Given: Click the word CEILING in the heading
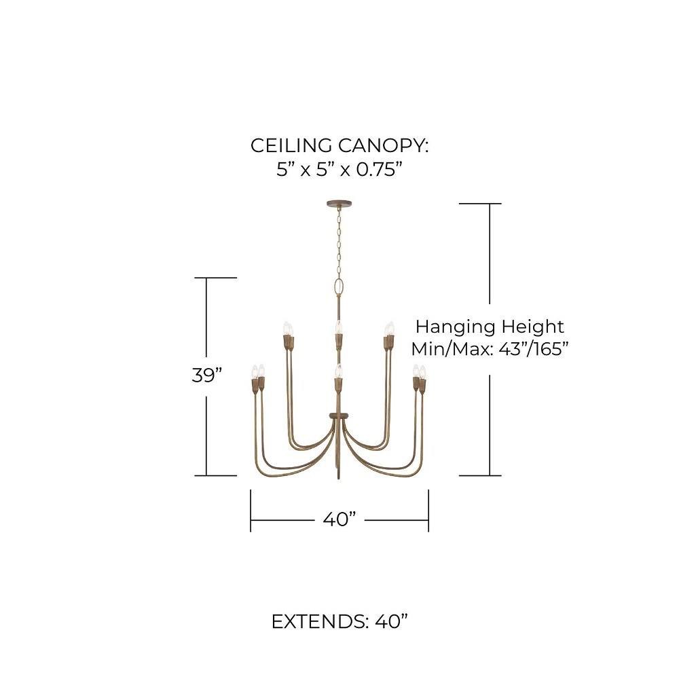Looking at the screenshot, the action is [x=291, y=145].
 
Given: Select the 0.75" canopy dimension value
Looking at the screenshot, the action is [x=380, y=169].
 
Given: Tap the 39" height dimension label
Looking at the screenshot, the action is [x=207, y=375].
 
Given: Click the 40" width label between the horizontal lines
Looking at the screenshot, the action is [x=339, y=519].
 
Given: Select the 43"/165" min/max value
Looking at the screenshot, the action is [x=534, y=349].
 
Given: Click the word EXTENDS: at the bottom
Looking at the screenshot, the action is [x=320, y=622].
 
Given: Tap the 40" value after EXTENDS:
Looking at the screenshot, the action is [x=392, y=622].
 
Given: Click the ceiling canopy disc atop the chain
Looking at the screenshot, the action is [x=339, y=203].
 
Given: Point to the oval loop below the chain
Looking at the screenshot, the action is [x=339, y=287].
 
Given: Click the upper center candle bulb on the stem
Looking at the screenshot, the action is [x=339, y=327].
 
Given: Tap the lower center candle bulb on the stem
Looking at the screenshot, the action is [x=339, y=371].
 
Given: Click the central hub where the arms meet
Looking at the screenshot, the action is [x=339, y=415].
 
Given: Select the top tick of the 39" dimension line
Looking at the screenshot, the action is [x=216, y=278].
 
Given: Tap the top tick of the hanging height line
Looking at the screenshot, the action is [x=480, y=203].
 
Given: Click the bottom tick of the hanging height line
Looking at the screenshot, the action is [x=480, y=475].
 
